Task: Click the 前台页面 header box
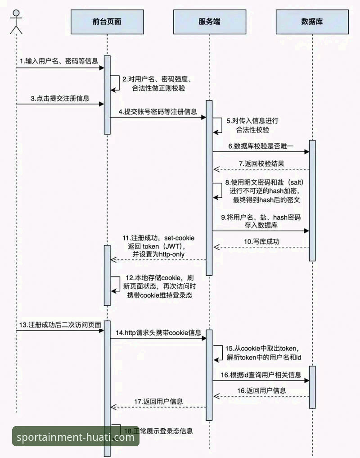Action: pyautogui.click(x=107, y=22)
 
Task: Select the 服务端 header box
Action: pyautogui.click(x=209, y=22)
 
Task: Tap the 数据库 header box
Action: pyautogui.click(x=311, y=22)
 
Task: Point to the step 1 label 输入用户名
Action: pyautogui.click(x=58, y=61)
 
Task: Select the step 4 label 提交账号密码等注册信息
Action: pyautogui.click(x=157, y=111)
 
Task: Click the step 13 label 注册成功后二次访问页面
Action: pyautogui.click(x=60, y=325)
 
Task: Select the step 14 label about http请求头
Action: pyautogui.click(x=158, y=333)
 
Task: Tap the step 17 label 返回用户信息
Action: pyautogui.click(x=158, y=401)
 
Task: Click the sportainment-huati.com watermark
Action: pyautogui.click(x=75, y=437)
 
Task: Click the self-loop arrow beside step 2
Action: pyautogui.click(x=116, y=83)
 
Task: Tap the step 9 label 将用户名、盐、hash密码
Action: pyautogui.click(x=261, y=217)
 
